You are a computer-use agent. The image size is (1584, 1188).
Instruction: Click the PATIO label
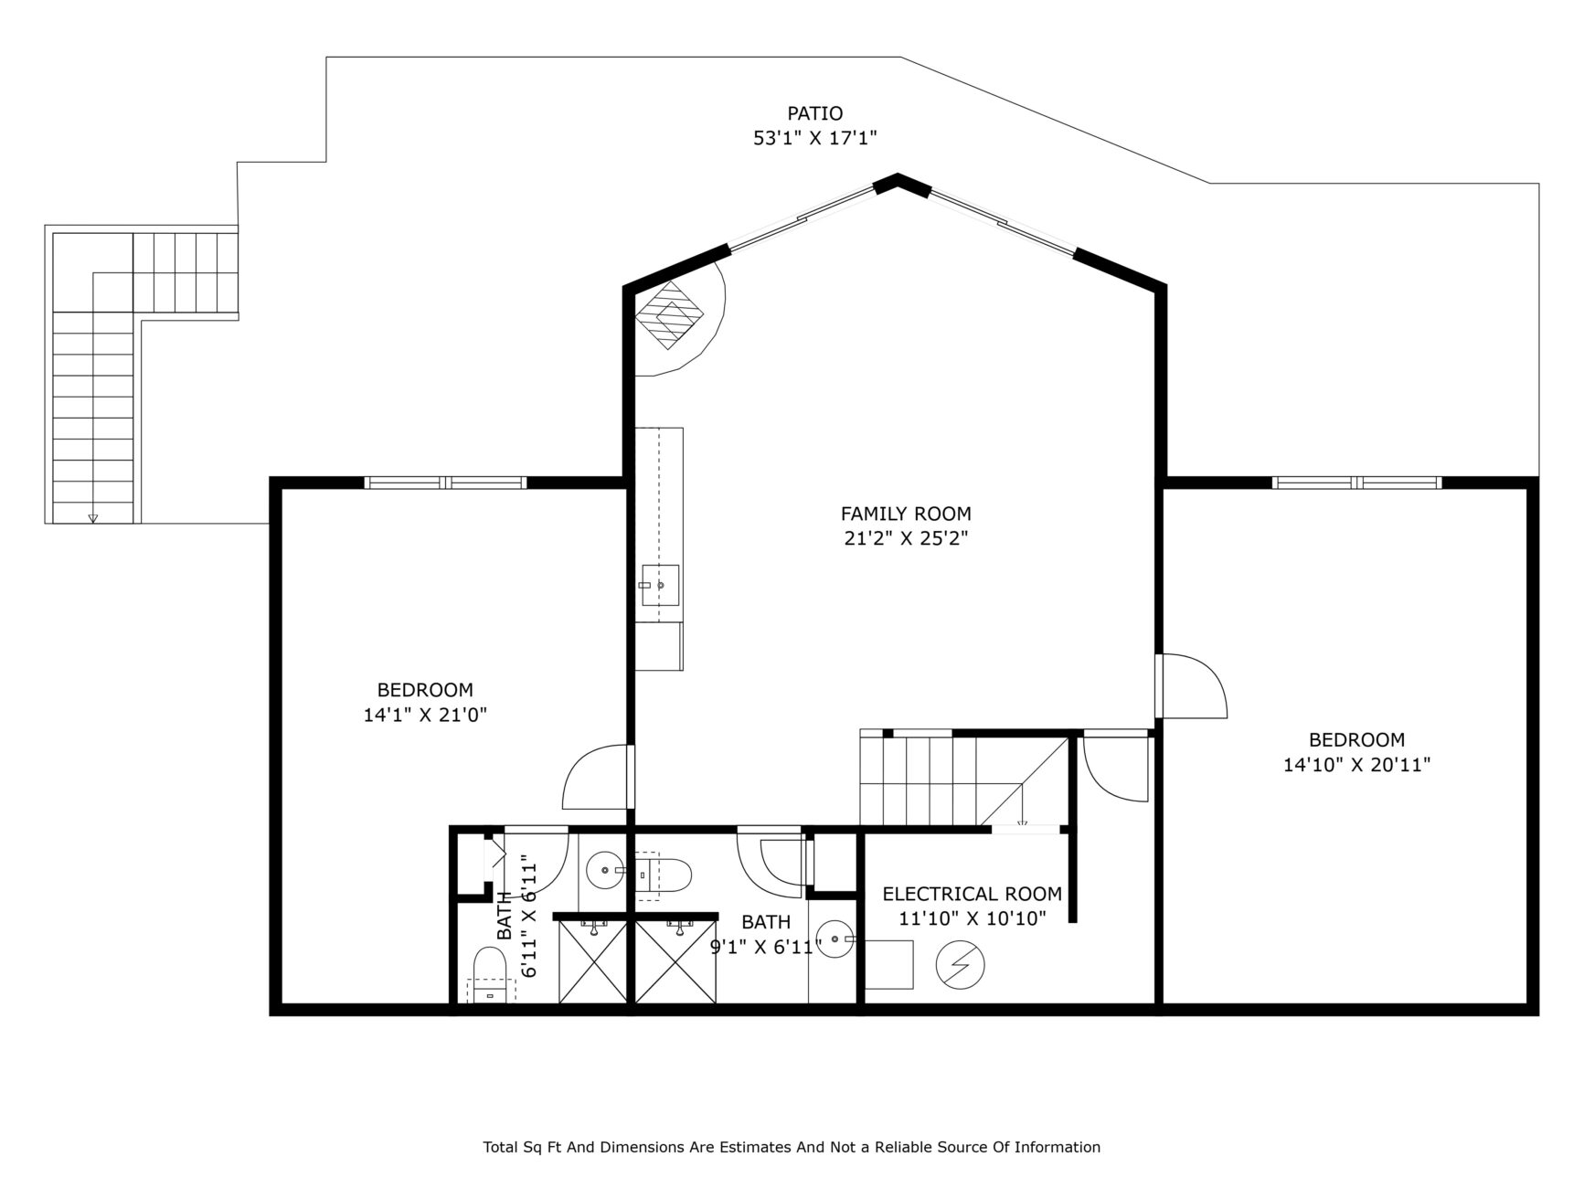pos(814,113)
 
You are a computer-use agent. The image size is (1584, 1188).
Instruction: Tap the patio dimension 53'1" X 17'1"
pos(814,139)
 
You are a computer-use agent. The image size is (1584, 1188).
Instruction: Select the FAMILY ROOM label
pos(906,514)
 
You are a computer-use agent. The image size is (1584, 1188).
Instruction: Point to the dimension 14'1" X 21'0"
pos(425,715)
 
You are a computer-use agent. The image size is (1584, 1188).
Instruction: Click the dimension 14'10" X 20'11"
pos(1356,764)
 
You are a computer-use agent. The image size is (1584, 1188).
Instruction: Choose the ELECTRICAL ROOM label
pos(973,894)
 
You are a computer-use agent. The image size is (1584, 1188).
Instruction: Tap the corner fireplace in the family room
pos(671,313)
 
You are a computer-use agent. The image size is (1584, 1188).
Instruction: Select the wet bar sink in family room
pos(660,585)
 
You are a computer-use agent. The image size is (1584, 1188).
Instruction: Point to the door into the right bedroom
pos(1191,685)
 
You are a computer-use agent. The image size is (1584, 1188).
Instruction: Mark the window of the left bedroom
pos(445,483)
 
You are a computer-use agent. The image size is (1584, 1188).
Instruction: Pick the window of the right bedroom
pos(1356,483)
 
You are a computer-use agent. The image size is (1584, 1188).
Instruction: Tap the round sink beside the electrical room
pos(835,939)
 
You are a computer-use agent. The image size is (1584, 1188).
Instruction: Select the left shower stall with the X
pos(592,961)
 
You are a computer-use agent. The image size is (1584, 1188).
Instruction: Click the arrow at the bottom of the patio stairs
pos(92,518)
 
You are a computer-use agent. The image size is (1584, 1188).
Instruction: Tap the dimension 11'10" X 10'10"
pos(973,918)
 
